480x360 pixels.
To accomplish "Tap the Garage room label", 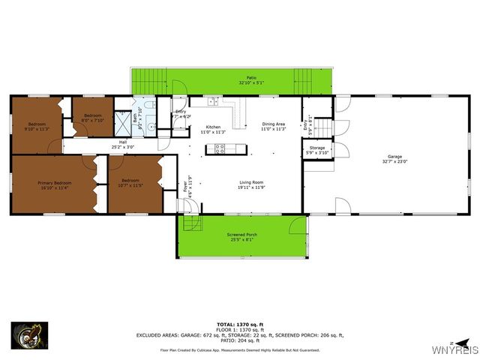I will pyautogui.click(x=394, y=157).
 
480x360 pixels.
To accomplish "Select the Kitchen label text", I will pyautogui.click(x=214, y=127).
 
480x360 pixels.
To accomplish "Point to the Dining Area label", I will pyautogui.click(x=274, y=124).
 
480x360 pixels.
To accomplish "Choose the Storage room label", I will pyautogui.click(x=317, y=148).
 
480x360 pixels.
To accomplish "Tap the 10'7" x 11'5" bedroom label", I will pyautogui.click(x=130, y=182).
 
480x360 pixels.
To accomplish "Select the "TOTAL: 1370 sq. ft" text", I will pyautogui.click(x=240, y=323).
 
